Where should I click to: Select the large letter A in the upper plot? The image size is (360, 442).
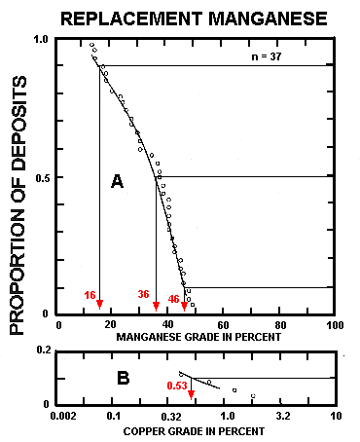click(x=117, y=181)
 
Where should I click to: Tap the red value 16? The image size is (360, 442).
click(x=90, y=294)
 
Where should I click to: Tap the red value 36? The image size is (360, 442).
click(x=143, y=294)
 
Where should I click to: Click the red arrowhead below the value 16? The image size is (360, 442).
click(x=100, y=307)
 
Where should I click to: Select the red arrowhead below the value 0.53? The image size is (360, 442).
click(x=192, y=395)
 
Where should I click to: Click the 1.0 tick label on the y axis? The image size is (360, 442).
click(x=41, y=40)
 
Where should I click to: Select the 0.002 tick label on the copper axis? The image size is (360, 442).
click(x=60, y=417)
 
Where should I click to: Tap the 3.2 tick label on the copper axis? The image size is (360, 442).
click(x=282, y=417)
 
